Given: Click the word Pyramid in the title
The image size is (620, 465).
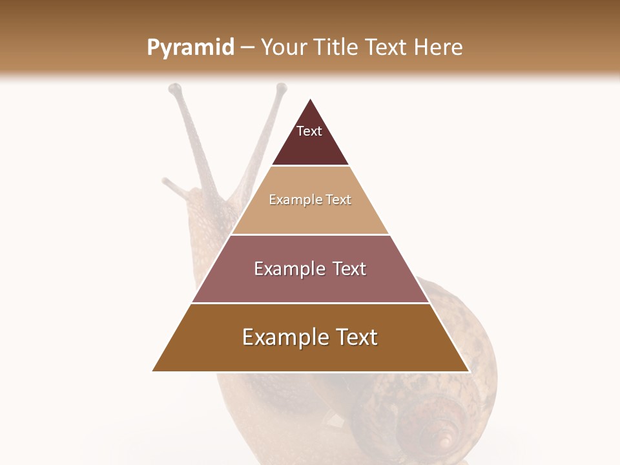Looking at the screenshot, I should coord(191,48).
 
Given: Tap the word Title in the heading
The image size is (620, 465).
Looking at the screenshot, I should coord(335,47).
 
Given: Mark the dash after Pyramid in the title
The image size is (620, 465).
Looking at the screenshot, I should coord(247,48).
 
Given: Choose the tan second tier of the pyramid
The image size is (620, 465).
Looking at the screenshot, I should coord(310,216).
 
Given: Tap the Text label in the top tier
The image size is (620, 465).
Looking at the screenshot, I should coord(309,131).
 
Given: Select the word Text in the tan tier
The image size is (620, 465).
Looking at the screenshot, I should coord(338,200).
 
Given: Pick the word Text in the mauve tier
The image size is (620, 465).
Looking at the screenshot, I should coord(349,269).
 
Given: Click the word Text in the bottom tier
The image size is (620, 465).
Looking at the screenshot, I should coord(356,337).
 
